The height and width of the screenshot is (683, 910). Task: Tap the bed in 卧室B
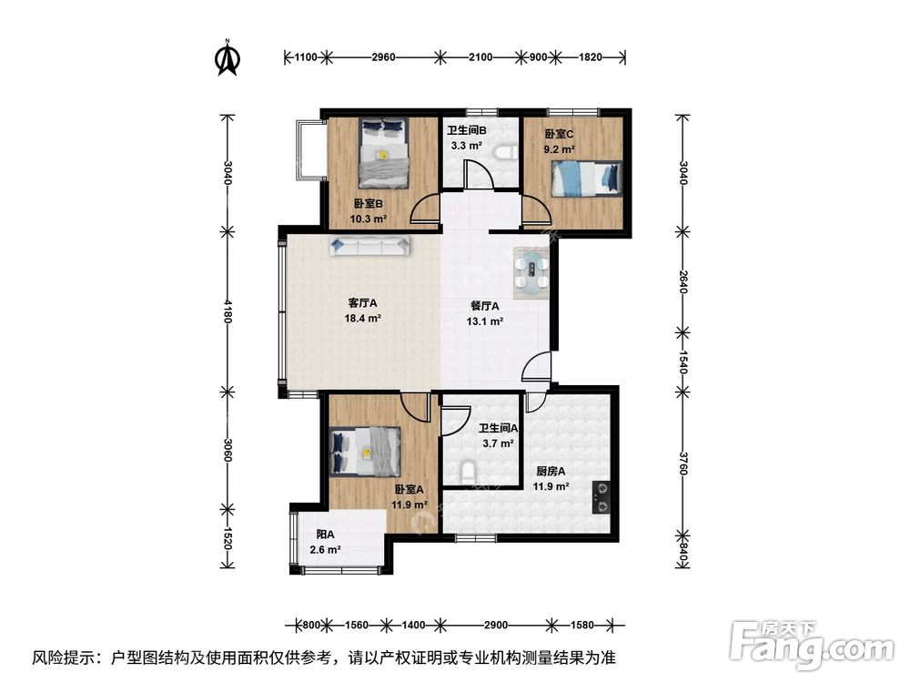point(383,152)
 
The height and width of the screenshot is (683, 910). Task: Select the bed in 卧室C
point(588,178)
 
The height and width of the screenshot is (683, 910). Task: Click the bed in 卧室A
point(366,452)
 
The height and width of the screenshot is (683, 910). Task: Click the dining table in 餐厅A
point(532,272)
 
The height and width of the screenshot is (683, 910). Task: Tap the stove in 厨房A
point(602,497)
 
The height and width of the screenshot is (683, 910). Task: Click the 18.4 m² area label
point(362,319)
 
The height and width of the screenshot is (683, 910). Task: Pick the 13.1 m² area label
point(486,321)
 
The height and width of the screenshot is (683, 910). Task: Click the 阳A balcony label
point(325,535)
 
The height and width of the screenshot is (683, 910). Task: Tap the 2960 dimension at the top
point(384,56)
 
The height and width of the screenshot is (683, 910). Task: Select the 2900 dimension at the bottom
point(495,626)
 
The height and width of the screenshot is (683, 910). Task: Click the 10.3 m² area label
point(369,219)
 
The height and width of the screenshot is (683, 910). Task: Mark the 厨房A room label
point(551,471)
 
